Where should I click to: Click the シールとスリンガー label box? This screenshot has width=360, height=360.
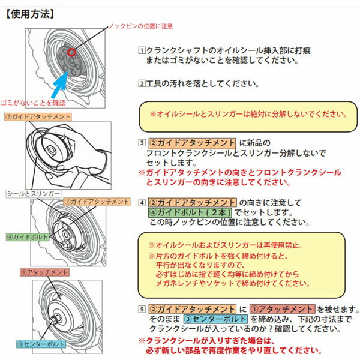33,194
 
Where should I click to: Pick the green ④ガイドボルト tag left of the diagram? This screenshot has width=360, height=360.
28,237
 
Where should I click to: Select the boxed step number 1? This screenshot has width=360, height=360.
142,52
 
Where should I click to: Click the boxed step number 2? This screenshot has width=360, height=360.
142,84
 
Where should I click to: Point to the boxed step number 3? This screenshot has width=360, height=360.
142,143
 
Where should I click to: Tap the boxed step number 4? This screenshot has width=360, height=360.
142,203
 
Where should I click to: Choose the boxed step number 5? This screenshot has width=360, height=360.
142,309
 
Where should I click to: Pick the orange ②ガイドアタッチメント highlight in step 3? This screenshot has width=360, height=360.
193,143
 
